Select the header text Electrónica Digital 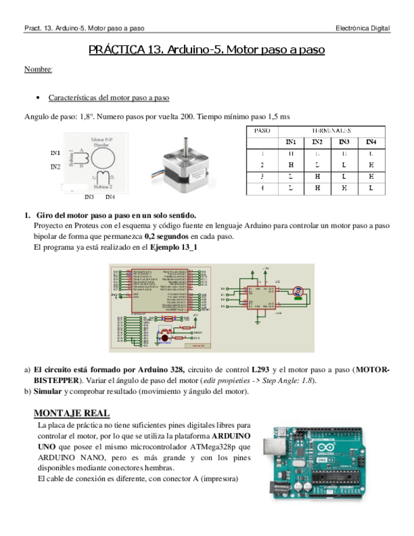click(x=362, y=29)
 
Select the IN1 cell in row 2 click(x=291, y=164)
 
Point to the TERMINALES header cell click(x=331, y=130)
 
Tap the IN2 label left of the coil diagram click(x=56, y=167)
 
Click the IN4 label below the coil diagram click(x=110, y=197)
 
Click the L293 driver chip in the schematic click(x=260, y=296)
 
